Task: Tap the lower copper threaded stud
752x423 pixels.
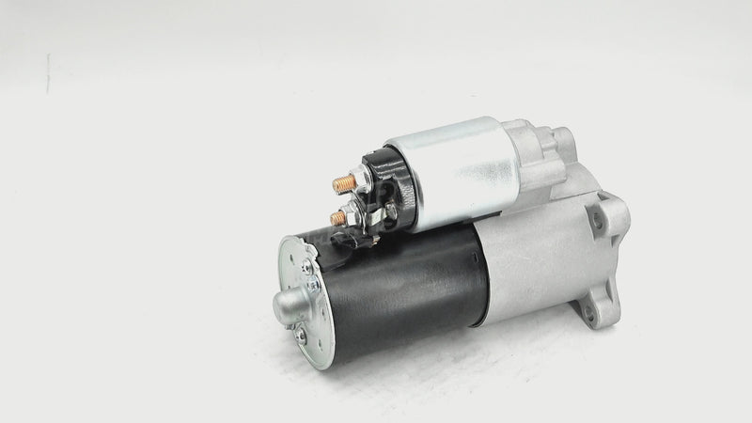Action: (x=337, y=218)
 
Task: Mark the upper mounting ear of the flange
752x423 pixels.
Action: (x=606, y=216)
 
